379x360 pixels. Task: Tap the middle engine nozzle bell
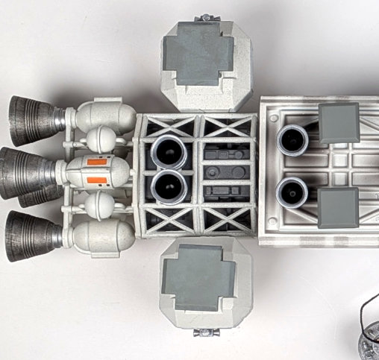(x=22, y=172)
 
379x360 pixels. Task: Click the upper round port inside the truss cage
(x=168, y=152)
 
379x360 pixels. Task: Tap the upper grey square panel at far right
(x=338, y=123)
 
